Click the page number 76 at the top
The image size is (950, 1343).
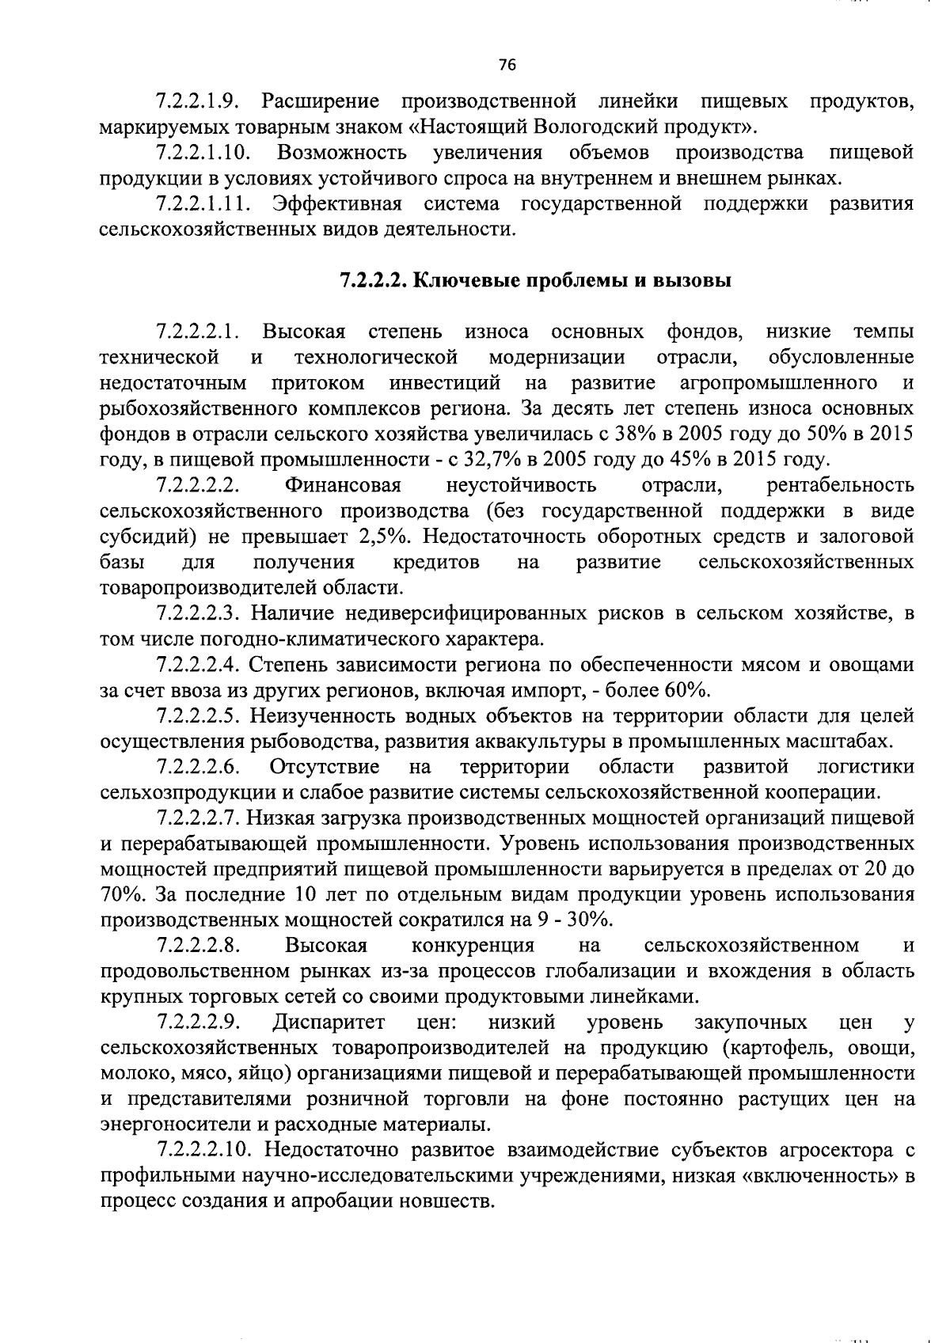[507, 66]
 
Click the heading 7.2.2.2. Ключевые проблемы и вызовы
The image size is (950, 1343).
[535, 281]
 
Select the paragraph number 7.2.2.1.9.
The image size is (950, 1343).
[198, 101]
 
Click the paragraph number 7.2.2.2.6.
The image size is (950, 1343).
[198, 767]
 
